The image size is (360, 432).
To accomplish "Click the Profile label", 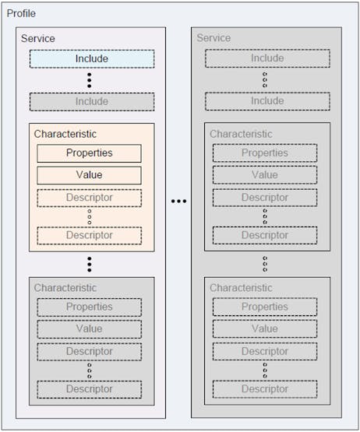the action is pyautogui.click(x=21, y=13).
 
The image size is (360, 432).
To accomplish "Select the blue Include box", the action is pyautogui.click(x=92, y=58).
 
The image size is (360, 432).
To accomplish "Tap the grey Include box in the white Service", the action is pyautogui.click(x=92, y=102).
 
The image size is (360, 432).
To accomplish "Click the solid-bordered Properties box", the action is pyautogui.click(x=89, y=153).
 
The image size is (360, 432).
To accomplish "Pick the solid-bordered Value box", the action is pyautogui.click(x=89, y=175).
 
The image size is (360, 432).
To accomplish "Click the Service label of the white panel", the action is pyautogui.click(x=38, y=38).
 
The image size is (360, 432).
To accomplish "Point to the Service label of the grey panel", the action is pyautogui.click(x=214, y=37).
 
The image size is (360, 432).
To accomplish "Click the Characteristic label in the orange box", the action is pyautogui.click(x=65, y=134).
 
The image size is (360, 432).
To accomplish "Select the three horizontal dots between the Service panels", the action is pyautogui.click(x=178, y=201).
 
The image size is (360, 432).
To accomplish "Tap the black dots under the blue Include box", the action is pyautogui.click(x=89, y=80).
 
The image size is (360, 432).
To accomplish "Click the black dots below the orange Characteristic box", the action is pyautogui.click(x=89, y=264).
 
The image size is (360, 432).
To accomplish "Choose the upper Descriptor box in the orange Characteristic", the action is pyautogui.click(x=89, y=198).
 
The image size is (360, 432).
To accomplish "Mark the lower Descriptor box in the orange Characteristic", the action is pyautogui.click(x=89, y=236).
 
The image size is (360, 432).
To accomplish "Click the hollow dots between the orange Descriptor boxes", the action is pyautogui.click(x=90, y=216).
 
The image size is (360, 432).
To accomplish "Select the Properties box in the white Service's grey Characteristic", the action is pyautogui.click(x=89, y=307).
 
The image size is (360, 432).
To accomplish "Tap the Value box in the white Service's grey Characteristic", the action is pyautogui.click(x=89, y=329).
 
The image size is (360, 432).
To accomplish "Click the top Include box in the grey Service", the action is pyautogui.click(x=267, y=58).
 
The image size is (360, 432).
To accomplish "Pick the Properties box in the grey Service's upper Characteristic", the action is pyautogui.click(x=265, y=153).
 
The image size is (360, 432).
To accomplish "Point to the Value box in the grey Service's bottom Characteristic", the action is pyautogui.click(x=265, y=328).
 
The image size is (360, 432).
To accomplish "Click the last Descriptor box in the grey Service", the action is pyautogui.click(x=265, y=389).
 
